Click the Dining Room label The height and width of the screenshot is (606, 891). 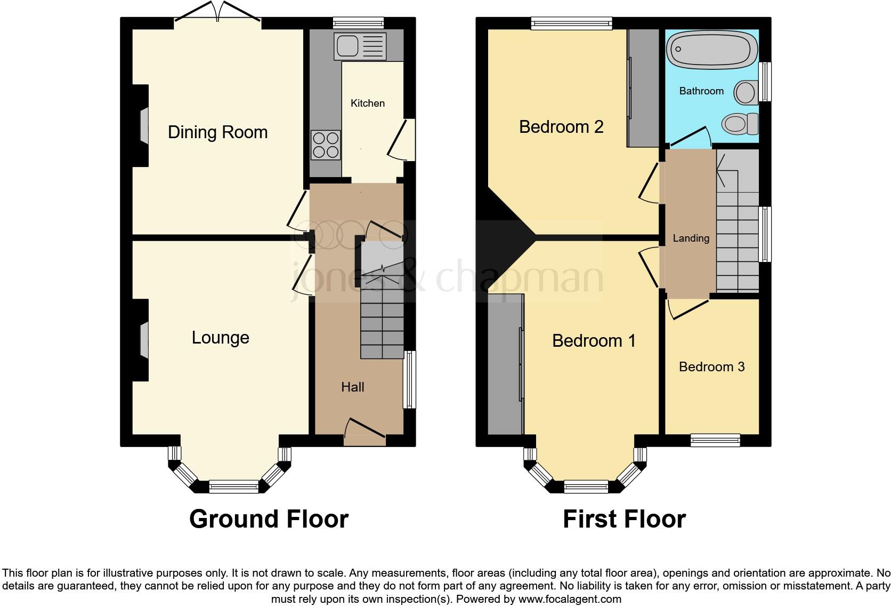(217, 132)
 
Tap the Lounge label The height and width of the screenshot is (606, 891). (220, 338)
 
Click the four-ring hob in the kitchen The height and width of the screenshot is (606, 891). (326, 145)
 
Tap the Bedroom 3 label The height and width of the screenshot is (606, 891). (711, 367)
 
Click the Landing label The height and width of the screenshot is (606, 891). (691, 238)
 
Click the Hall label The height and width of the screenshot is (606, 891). (352, 387)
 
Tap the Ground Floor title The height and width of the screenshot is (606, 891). (269, 519)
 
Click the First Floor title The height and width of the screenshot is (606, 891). (624, 519)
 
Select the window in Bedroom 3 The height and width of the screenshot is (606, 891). (715, 440)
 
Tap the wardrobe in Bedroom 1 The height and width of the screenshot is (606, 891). (505, 364)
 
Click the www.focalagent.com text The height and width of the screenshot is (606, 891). (569, 599)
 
